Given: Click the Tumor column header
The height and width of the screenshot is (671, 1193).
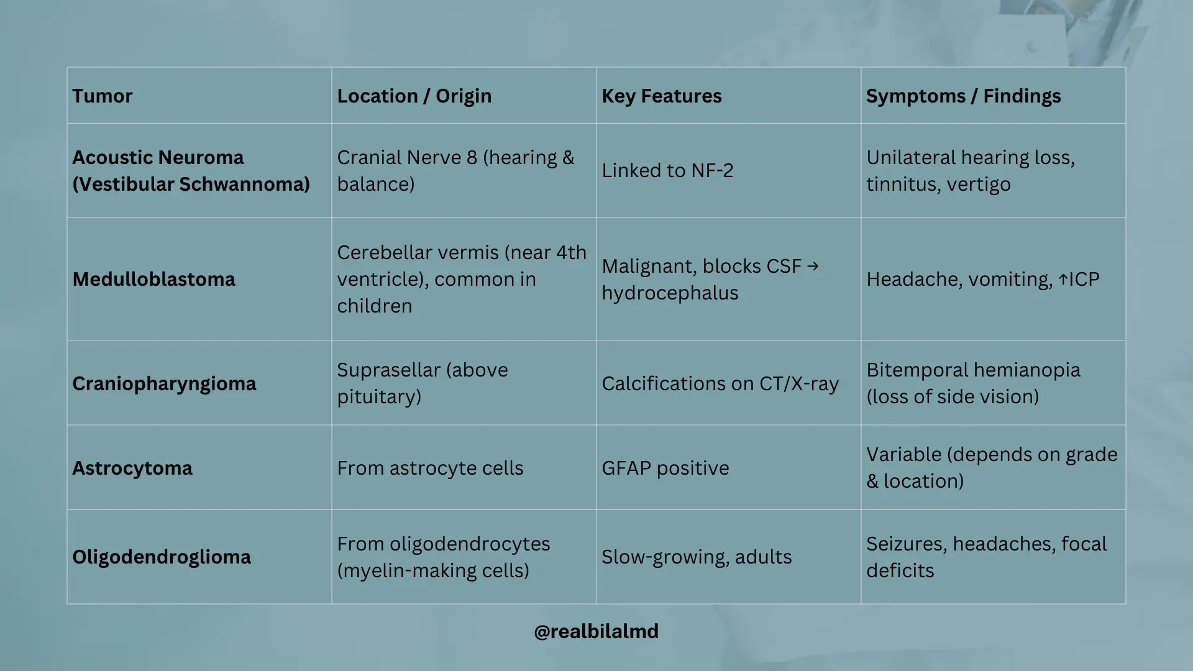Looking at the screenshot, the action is click(x=103, y=96).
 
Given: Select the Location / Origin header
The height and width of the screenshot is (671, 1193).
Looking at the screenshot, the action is click(x=414, y=96).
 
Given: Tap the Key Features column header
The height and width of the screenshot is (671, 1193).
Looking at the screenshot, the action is click(x=662, y=96).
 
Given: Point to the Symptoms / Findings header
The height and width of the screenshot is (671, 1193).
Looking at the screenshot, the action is click(x=964, y=96).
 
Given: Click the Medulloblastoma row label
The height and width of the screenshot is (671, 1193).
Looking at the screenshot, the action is click(x=154, y=279).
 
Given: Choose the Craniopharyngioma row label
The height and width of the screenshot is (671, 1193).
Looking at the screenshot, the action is click(x=164, y=384).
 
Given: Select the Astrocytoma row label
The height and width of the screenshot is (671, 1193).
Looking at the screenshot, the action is click(x=132, y=468).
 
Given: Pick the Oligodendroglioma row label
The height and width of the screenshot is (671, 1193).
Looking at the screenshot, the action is click(x=162, y=557).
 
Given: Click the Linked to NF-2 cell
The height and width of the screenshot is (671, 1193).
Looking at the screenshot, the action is click(x=667, y=170).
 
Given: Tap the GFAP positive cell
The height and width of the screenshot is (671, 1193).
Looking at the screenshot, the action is click(x=665, y=468).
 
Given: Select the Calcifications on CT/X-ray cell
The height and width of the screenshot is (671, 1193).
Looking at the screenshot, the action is click(x=720, y=383).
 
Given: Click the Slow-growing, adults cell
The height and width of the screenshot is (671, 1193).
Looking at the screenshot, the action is click(x=697, y=557).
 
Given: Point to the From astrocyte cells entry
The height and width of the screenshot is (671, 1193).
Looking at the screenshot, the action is click(x=430, y=468).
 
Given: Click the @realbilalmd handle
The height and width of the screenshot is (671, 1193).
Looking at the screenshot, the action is click(x=596, y=631).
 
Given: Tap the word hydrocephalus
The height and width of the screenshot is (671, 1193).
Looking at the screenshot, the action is click(x=670, y=293).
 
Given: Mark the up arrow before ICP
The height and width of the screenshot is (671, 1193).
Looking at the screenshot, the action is click(x=1063, y=280).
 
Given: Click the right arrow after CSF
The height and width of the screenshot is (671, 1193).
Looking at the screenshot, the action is click(x=813, y=267).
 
